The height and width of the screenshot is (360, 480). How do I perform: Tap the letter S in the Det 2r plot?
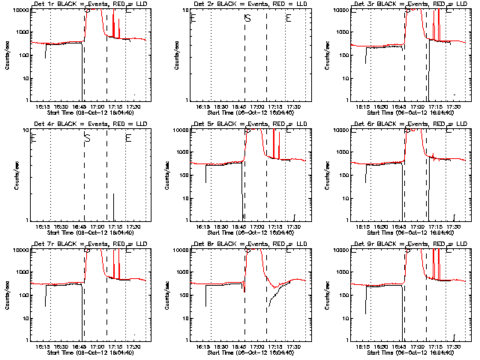point(247,18)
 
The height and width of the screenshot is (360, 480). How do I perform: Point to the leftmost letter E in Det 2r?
point(193,18)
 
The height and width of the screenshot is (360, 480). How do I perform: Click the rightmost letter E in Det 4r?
point(128,138)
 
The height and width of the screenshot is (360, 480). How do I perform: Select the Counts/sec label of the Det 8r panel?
point(169,294)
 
